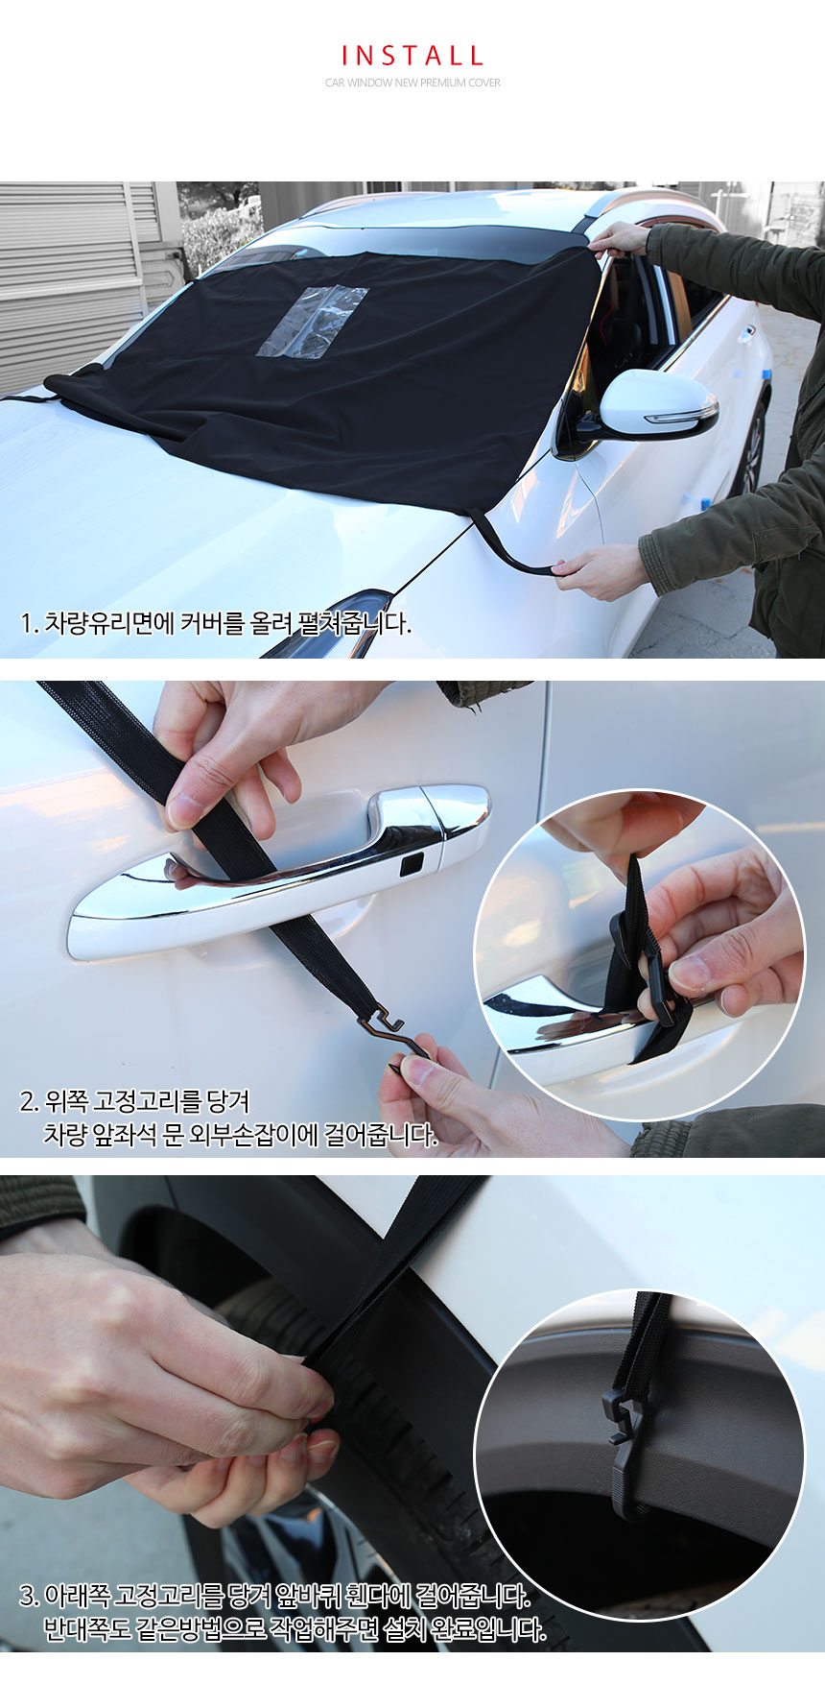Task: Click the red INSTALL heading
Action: click(x=412, y=56)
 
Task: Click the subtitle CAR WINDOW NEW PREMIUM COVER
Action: click(x=412, y=83)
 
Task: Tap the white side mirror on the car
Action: click(x=657, y=403)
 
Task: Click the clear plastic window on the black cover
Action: click(x=312, y=323)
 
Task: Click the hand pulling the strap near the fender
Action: click(x=600, y=571)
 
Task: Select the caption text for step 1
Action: click(x=216, y=623)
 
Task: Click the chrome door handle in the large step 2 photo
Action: click(x=278, y=869)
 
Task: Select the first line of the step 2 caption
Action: click(x=134, y=1101)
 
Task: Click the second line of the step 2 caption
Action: click(x=240, y=1135)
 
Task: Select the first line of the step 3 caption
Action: click(x=274, y=1597)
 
